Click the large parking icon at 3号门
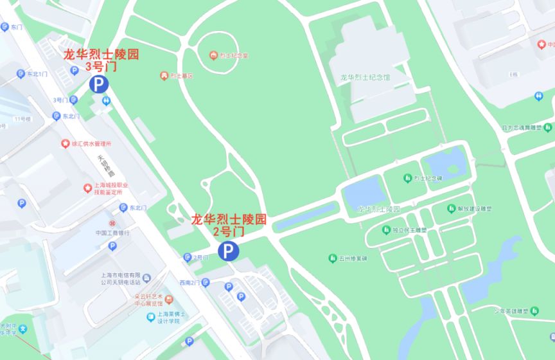pyautogui.click(x=99, y=84)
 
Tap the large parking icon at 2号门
pyautogui.click(x=227, y=251)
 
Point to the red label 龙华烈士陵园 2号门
pyautogui.click(x=228, y=225)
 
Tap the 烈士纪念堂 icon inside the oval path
pyautogui.click(x=213, y=55)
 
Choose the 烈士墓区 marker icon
pyautogui.click(x=164, y=76)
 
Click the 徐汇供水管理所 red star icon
pyautogui.click(x=64, y=143)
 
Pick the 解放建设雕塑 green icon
pyautogui.click(x=452, y=208)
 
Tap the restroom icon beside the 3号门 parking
pyautogui.click(x=107, y=100)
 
